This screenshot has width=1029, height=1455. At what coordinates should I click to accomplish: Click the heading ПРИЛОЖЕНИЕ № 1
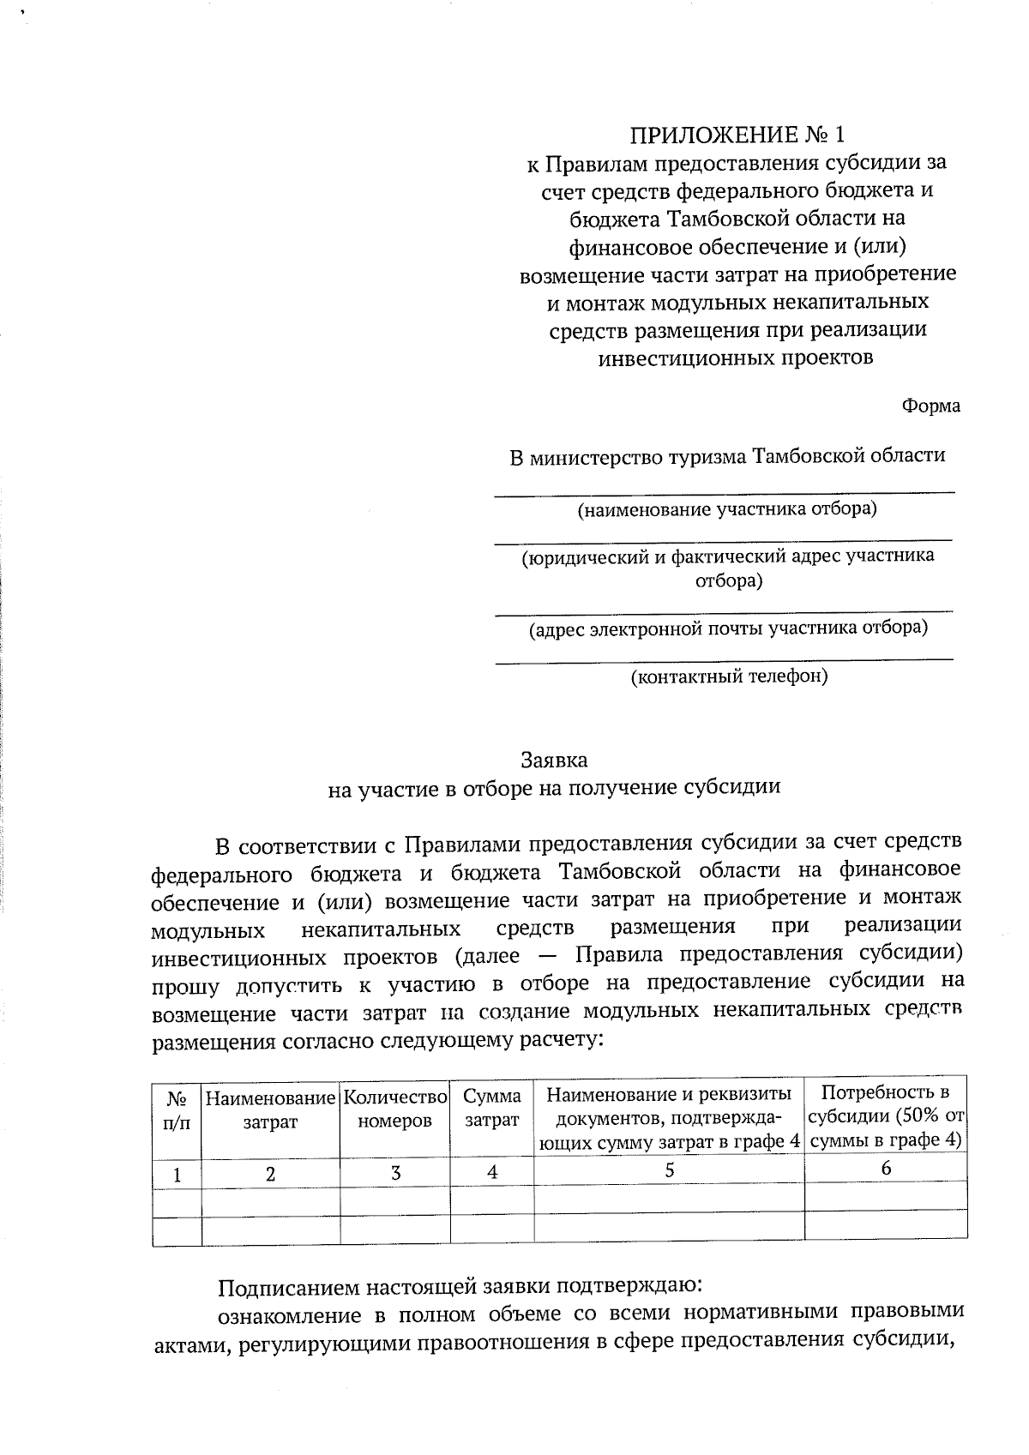click(737, 135)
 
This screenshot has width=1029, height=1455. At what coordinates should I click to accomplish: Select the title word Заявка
click(555, 760)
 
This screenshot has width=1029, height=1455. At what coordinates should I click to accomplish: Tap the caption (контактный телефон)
click(729, 676)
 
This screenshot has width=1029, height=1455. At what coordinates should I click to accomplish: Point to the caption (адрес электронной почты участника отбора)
click(727, 628)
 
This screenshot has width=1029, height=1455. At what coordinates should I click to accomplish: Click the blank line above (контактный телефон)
click(725, 658)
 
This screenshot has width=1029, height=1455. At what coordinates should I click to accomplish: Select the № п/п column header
click(177, 1110)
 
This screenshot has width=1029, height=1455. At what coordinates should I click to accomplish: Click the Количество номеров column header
click(394, 1109)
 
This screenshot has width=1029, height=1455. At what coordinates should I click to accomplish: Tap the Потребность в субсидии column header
click(886, 1115)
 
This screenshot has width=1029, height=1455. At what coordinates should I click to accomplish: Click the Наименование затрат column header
click(270, 1109)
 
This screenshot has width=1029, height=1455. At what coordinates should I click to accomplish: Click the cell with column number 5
click(669, 1170)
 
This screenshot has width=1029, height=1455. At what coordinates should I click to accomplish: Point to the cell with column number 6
click(886, 1168)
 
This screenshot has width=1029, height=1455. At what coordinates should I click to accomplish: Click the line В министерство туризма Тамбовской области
click(727, 455)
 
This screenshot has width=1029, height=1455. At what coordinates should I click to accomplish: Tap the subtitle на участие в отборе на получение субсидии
click(554, 787)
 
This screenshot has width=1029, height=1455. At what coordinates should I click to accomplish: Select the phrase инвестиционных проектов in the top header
click(735, 358)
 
